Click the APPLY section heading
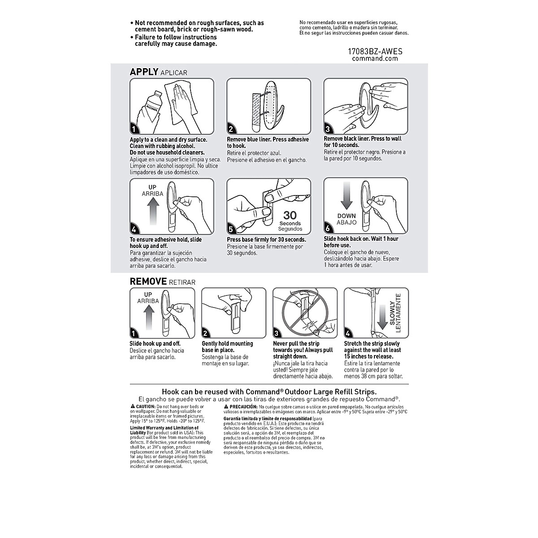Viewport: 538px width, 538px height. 144,72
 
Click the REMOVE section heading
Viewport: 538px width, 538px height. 149,282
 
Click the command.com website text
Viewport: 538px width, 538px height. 375,58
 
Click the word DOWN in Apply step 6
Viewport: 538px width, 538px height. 347,216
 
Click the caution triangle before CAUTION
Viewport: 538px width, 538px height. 132,405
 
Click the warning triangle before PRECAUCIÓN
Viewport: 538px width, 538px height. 226,405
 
